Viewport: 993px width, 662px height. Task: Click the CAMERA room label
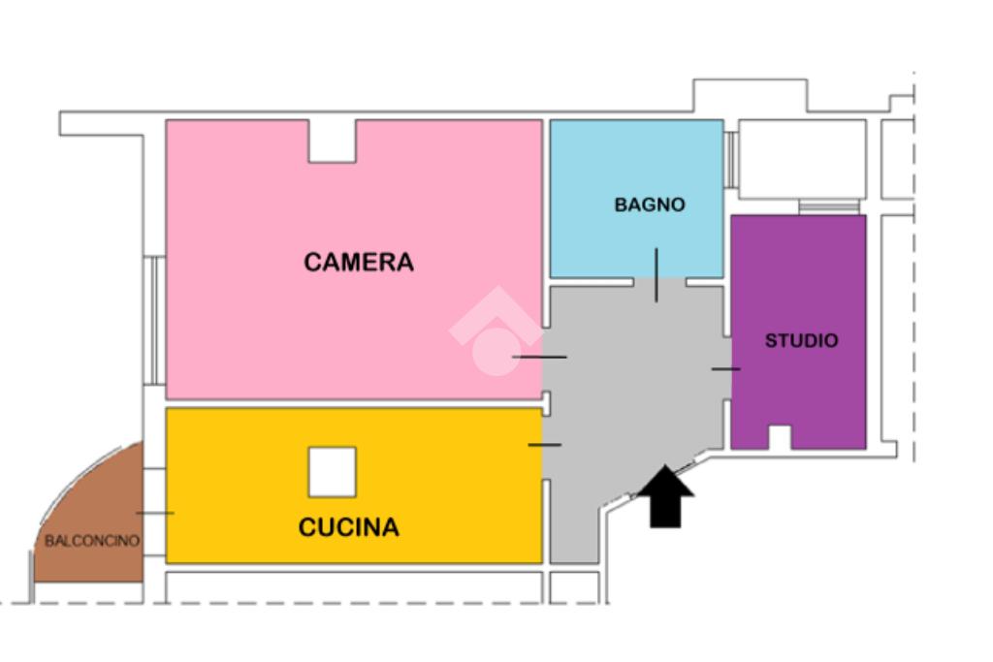pos(358,262)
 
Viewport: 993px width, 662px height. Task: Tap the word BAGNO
pos(650,205)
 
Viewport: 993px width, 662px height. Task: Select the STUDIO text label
pos(801,341)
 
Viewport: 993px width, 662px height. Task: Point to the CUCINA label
pos(348,527)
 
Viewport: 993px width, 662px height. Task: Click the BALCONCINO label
pos(92,541)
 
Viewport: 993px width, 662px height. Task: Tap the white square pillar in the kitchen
pos(333,472)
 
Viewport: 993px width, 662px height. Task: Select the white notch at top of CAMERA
pos(333,141)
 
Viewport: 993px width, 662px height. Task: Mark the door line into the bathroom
pos(657,274)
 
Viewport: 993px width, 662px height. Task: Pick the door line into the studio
pos(725,369)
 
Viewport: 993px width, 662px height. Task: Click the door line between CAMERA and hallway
pos(539,358)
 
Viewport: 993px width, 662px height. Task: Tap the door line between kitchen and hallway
pos(544,445)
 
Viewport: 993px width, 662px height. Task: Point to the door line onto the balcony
pos(155,513)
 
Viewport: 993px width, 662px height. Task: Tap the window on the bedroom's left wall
pos(153,320)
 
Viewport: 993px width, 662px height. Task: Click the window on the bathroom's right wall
pos(730,159)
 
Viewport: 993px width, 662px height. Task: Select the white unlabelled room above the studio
pos(801,159)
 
